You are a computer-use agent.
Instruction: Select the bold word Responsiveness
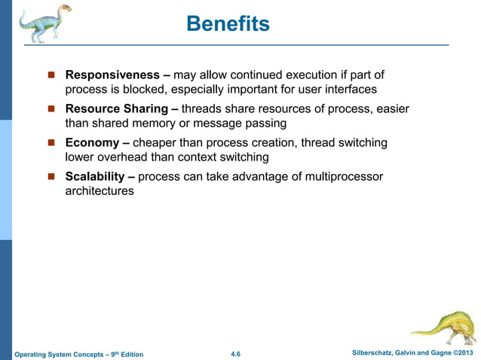click(x=112, y=75)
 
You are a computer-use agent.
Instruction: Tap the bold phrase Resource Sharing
click(x=116, y=109)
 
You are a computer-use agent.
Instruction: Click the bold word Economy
click(x=93, y=143)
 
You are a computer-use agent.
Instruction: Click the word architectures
click(x=100, y=191)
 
